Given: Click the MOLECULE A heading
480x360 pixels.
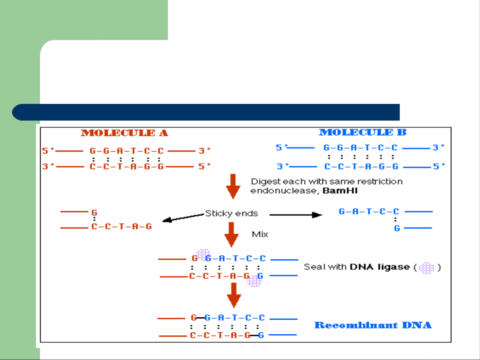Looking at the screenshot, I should (x=124, y=133).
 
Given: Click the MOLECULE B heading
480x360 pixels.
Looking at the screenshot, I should (x=362, y=133).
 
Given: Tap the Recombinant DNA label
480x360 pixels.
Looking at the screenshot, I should (x=373, y=325).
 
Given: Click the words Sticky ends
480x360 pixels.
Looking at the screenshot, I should (x=232, y=213).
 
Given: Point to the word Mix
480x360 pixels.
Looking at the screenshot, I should (x=260, y=234).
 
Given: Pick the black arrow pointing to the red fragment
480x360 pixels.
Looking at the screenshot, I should (x=183, y=218).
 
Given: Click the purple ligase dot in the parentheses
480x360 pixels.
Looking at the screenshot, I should (x=427, y=268).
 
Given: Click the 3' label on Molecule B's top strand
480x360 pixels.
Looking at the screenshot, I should (x=438, y=148).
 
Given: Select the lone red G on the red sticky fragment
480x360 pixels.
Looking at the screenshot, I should (x=94, y=212).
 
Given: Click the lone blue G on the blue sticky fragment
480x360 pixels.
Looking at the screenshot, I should (x=397, y=228).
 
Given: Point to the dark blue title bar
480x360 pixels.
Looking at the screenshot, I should (x=207, y=112).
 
